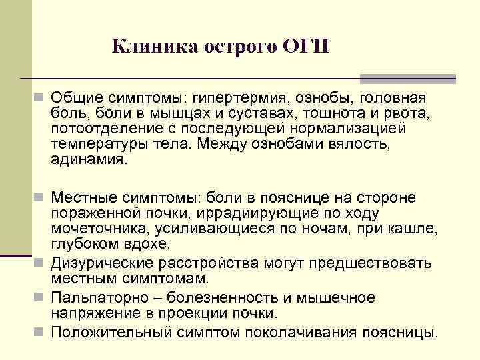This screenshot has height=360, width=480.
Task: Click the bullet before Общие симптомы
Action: (x=41, y=97)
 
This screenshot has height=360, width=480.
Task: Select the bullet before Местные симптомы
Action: (x=41, y=198)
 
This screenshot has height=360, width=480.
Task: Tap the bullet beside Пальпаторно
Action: (x=41, y=297)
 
